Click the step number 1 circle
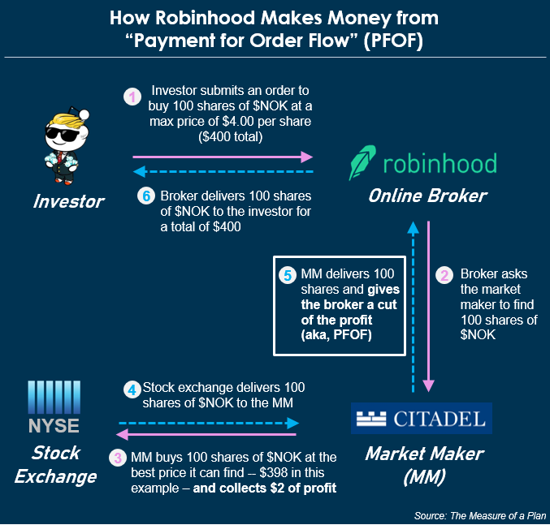(132, 97)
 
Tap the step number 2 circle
(444, 275)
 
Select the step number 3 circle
(119, 458)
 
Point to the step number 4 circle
(132, 389)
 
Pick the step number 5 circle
(286, 275)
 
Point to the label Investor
(68, 201)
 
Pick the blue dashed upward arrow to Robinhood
(414, 300)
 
